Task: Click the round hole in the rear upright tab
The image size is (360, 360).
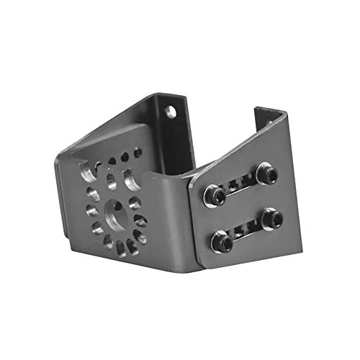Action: coord(171,112)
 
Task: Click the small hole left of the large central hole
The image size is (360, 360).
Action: coord(92,210)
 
